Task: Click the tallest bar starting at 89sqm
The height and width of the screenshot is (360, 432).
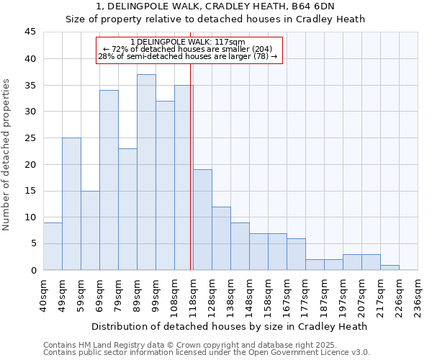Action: coord(146,172)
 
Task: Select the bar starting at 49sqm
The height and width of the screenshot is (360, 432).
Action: coord(71,204)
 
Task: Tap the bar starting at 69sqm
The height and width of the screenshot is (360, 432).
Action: coord(109,180)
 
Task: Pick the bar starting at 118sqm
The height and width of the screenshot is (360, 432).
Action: coord(202,220)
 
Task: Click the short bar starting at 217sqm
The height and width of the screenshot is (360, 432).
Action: coord(390,267)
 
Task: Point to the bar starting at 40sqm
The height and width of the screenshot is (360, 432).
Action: coord(53,246)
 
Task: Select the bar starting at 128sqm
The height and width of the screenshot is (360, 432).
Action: coord(221,238)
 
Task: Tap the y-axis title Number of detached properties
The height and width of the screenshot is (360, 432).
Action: coord(7,155)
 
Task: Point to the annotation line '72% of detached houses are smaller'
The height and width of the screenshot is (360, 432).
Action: coord(189,49)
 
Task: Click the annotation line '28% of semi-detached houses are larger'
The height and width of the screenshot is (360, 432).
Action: coord(189,56)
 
